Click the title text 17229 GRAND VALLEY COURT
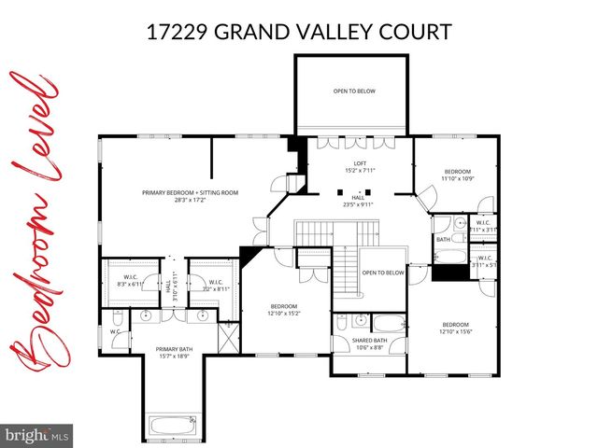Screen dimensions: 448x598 click(x=299, y=32)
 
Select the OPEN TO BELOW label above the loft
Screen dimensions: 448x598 click(x=351, y=91)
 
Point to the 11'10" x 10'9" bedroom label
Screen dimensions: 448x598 click(x=457, y=175)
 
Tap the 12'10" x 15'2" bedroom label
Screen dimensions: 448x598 click(x=284, y=311)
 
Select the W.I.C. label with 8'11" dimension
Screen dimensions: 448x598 click(x=215, y=286)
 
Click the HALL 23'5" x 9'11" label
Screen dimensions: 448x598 click(x=357, y=201)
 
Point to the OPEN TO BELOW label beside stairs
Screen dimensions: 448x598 click(x=383, y=273)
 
